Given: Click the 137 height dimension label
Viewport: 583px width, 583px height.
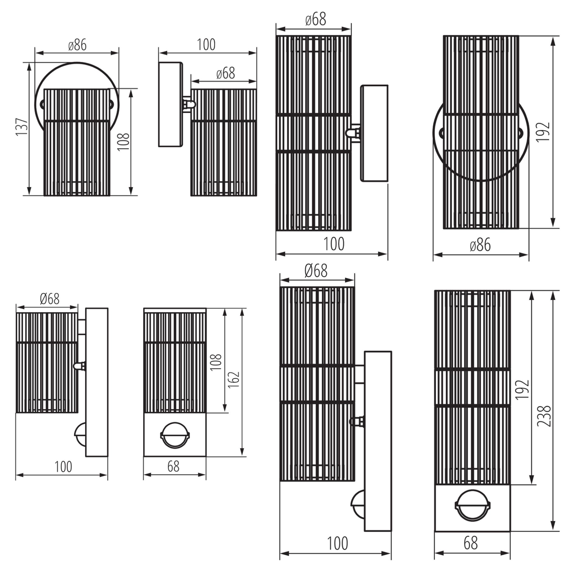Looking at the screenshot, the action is [x=22, y=127].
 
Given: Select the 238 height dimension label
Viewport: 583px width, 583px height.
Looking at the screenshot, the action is [x=544, y=416].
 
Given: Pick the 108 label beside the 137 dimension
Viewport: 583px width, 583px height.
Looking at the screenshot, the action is [x=124, y=141].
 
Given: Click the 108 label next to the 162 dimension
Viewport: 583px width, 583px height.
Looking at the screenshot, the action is [x=216, y=362].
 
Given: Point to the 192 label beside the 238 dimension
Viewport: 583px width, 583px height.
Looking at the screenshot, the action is [x=523, y=389].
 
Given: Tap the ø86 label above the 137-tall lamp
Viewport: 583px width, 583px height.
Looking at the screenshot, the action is [x=77, y=45].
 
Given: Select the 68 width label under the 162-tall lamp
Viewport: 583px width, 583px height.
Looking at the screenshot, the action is [x=173, y=466].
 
